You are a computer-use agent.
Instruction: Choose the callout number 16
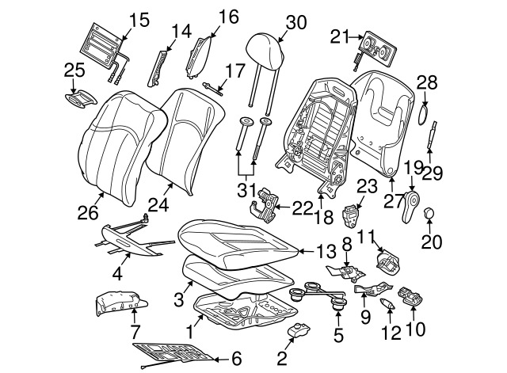click(x=228, y=17)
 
